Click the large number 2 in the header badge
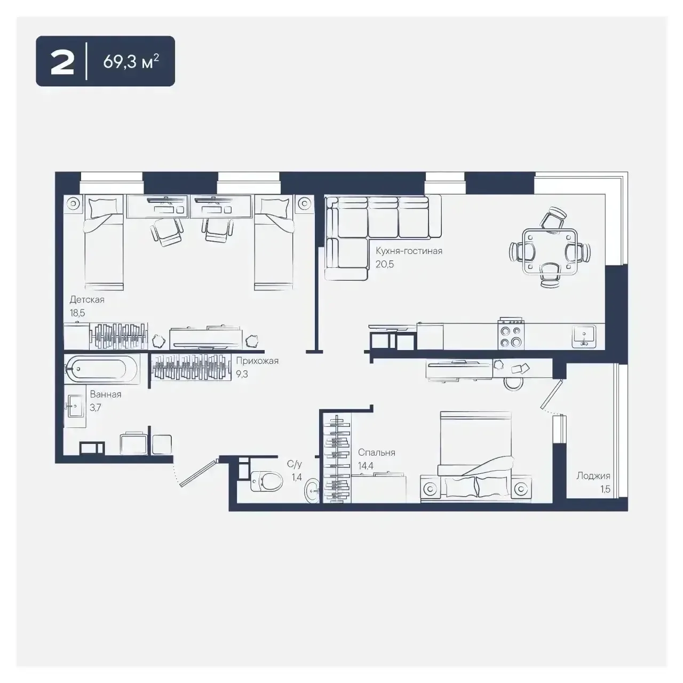tap(62, 62)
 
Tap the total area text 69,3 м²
tap(131, 62)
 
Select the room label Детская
tap(87, 300)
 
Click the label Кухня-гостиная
tap(409, 251)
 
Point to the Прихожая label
tap(257, 361)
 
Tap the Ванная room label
tap(106, 394)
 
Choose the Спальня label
tap(376, 452)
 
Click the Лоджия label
tap(593, 475)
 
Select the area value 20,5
tap(385, 264)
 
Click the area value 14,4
tap(366, 465)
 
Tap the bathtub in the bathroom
tap(102, 369)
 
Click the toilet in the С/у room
tap(266, 481)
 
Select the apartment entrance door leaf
tap(199, 473)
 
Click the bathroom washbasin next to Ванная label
tap(75, 407)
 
